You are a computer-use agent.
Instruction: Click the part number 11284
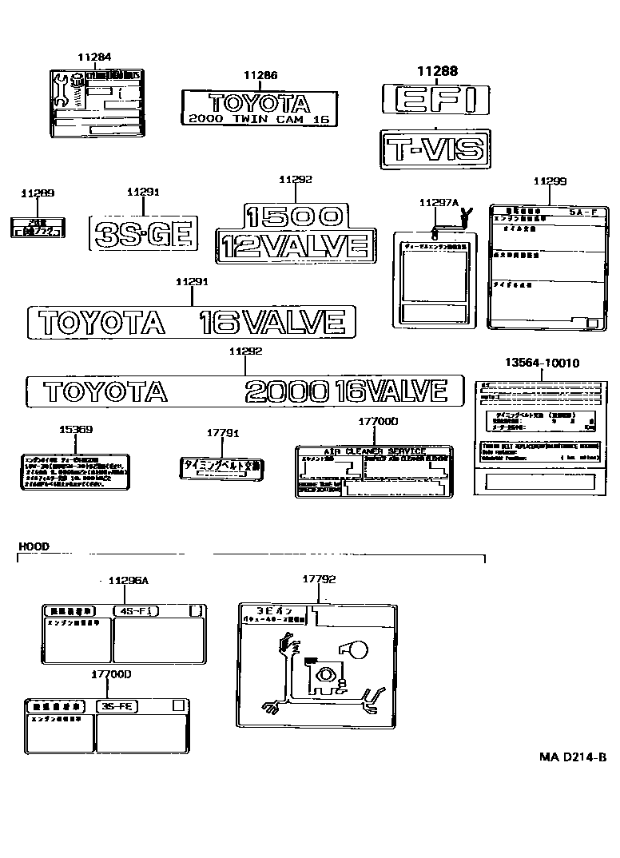(x=94, y=58)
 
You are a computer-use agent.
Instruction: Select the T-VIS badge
(x=432, y=149)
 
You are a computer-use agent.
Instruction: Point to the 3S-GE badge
(x=144, y=233)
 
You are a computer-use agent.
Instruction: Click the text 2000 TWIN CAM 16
(x=259, y=118)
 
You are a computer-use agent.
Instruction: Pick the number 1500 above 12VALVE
(x=294, y=216)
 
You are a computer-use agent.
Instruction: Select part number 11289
(x=38, y=193)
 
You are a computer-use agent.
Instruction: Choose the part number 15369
(x=76, y=430)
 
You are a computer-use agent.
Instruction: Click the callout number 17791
(x=223, y=432)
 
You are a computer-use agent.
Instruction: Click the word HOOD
(x=33, y=546)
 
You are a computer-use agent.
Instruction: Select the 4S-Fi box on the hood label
(x=136, y=611)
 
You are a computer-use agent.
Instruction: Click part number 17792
(x=318, y=578)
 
